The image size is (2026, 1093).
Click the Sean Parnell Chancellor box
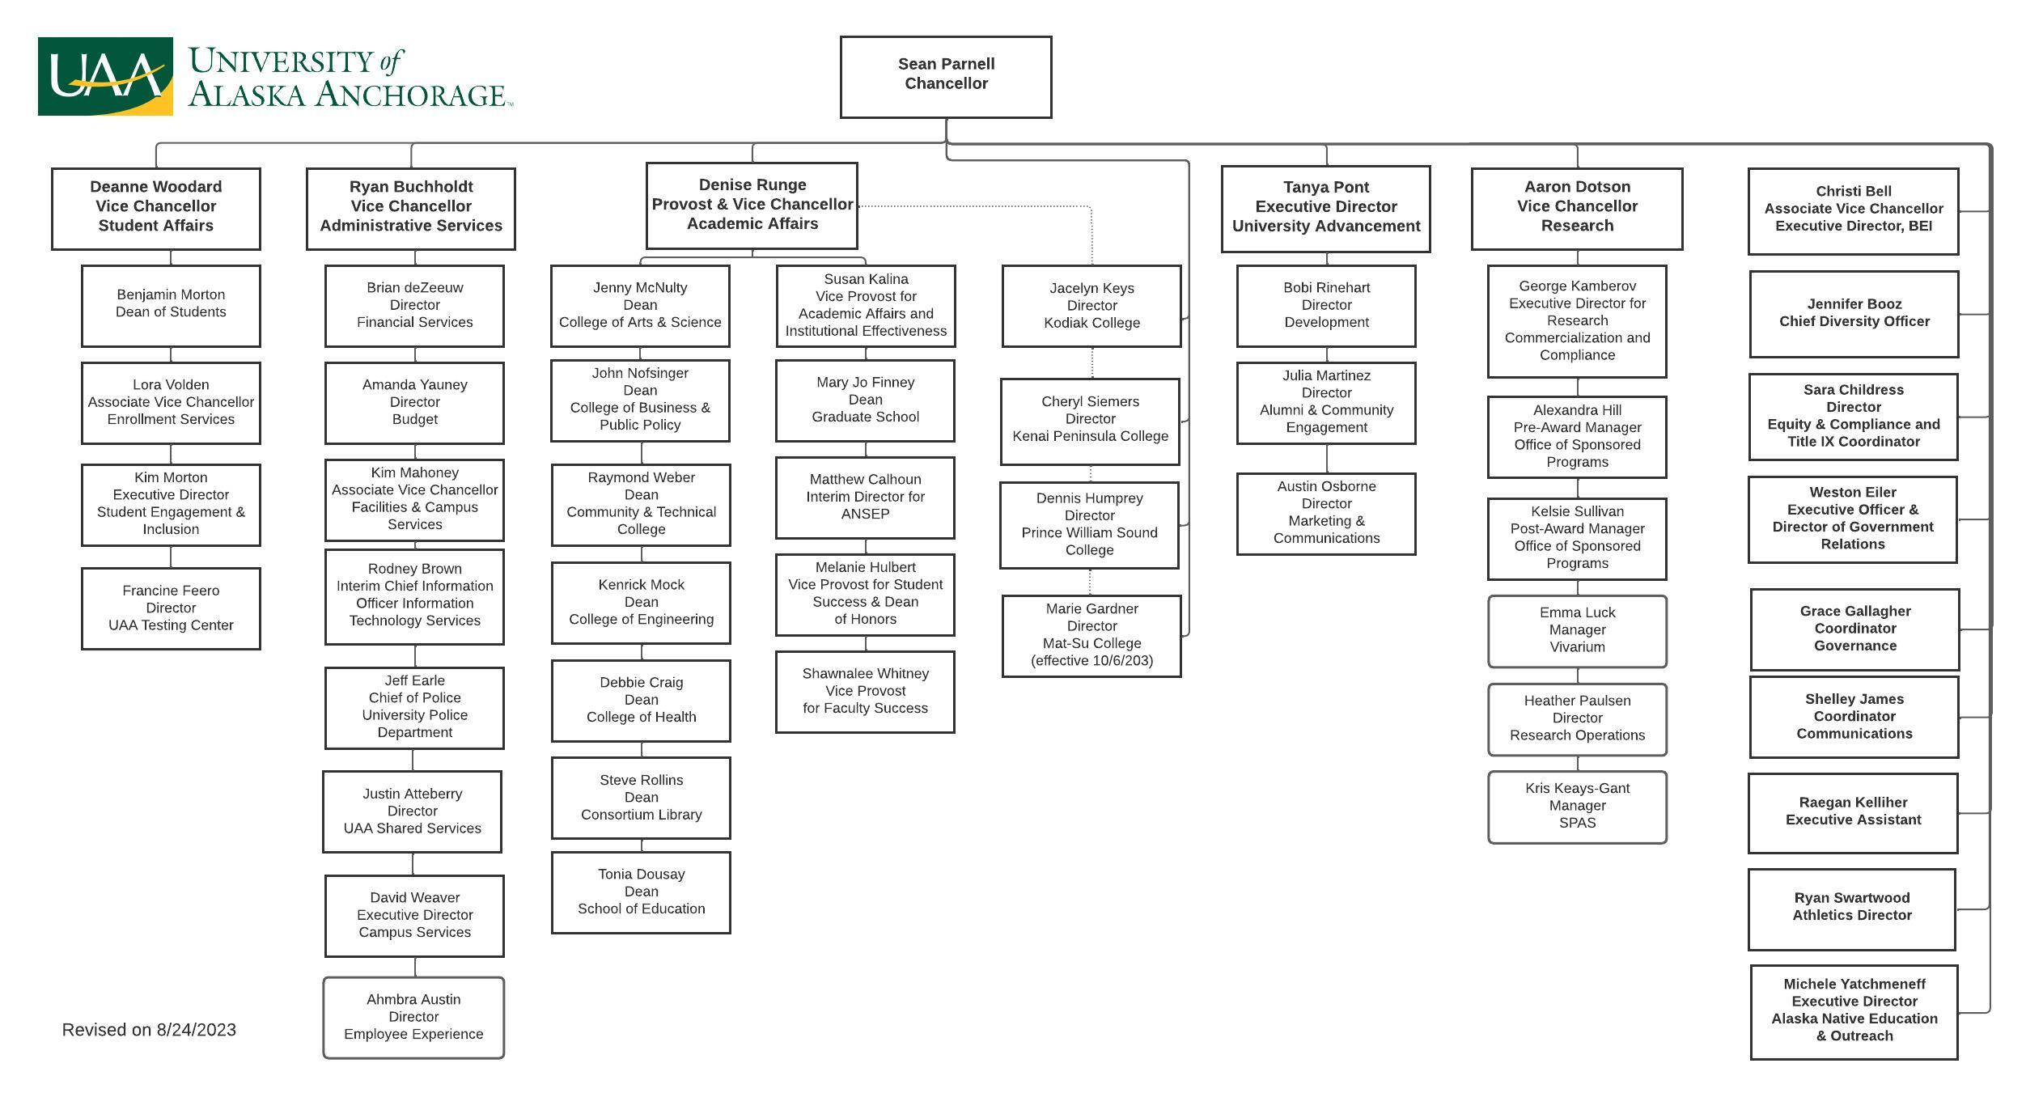[x=946, y=77]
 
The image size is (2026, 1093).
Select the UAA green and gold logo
[x=105, y=76]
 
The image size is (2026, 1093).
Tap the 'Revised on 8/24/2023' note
[x=149, y=1030]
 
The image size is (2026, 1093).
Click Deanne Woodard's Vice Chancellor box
[x=156, y=208]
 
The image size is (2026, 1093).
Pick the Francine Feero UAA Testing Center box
[x=171, y=608]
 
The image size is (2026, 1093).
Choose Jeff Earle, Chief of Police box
[x=414, y=707]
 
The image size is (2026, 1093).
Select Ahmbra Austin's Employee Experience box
[x=413, y=1017]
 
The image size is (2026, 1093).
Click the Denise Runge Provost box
[x=752, y=205]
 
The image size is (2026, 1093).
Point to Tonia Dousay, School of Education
[x=641, y=892]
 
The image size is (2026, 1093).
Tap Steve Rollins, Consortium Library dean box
[x=641, y=798]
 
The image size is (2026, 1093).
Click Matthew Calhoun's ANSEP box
[x=865, y=497]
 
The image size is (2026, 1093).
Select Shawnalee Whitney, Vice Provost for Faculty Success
[x=865, y=691]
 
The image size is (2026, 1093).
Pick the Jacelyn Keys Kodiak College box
[x=1091, y=306]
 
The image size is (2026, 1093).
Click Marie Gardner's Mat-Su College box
[x=1091, y=635]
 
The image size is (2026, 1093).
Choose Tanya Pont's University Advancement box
[x=1325, y=208]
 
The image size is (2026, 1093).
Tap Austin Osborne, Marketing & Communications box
[x=1326, y=513]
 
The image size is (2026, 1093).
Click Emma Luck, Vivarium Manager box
[x=1577, y=630]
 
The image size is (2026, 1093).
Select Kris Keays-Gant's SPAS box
[x=1577, y=806]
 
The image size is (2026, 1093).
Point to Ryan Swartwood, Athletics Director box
[x=1851, y=908]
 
